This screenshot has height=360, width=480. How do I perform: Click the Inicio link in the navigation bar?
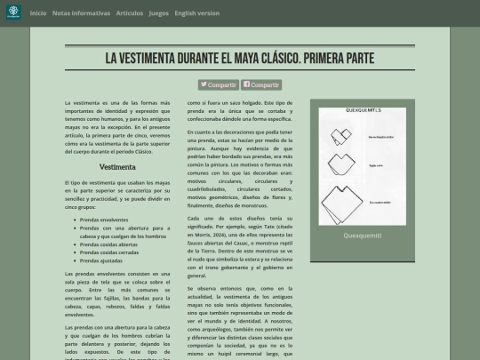(38, 13)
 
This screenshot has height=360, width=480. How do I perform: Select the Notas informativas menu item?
(82, 13)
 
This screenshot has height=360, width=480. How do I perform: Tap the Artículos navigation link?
(129, 13)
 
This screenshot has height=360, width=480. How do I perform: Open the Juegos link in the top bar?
(158, 13)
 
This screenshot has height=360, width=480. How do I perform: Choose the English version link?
(196, 13)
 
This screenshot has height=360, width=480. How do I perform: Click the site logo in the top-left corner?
(13, 13)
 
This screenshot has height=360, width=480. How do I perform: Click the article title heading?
(240, 58)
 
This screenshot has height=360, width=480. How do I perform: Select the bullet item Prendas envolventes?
(103, 219)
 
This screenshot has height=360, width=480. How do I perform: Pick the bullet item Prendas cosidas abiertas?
(108, 244)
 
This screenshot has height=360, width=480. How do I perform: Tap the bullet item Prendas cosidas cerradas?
(109, 252)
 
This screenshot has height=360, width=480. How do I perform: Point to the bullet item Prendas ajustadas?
(100, 260)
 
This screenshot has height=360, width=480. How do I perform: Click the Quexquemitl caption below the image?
(362, 236)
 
